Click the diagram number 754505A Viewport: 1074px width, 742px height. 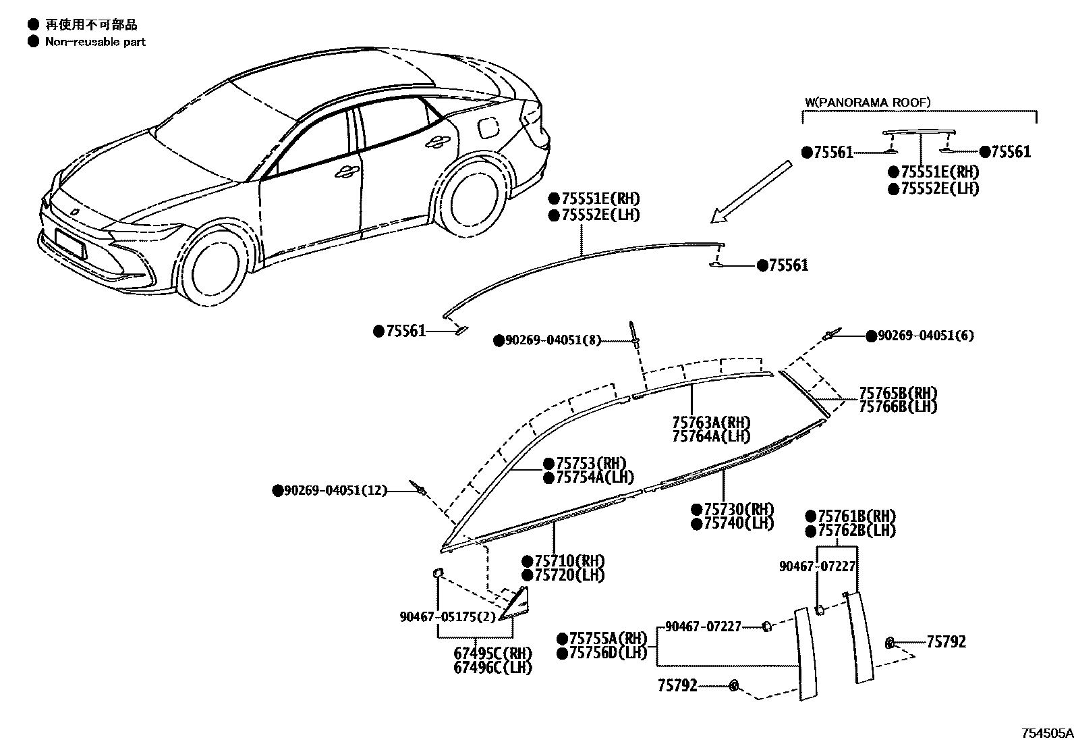[x=1046, y=733]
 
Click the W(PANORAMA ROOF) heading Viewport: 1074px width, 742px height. [x=868, y=103]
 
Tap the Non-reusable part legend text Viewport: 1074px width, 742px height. [x=95, y=42]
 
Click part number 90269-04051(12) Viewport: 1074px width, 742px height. [x=335, y=491]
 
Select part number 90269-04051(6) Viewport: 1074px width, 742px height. [x=926, y=336]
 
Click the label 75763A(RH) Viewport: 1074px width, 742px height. [x=711, y=423]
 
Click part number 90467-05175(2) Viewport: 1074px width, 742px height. [x=447, y=616]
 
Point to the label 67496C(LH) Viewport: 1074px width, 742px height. [x=492, y=667]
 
